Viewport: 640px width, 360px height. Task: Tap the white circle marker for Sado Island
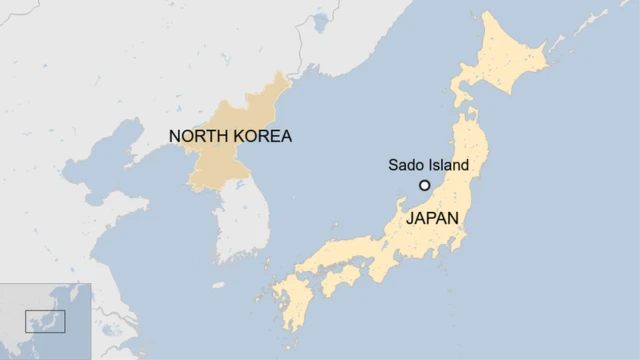pos(424,185)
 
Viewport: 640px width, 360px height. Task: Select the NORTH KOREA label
pos(230,136)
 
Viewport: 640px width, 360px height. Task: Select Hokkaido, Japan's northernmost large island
pos(500,60)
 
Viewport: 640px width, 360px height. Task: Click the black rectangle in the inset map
pos(45,321)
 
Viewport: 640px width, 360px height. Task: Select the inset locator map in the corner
pos(45,321)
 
